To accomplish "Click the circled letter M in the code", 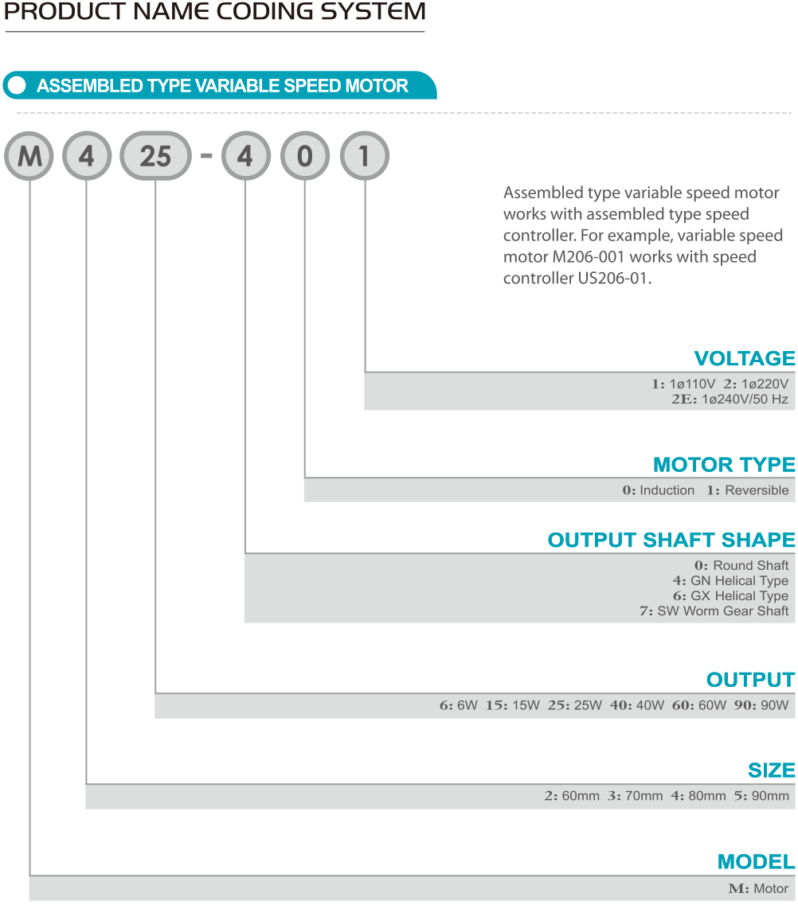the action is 29,156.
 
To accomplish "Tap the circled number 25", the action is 155,156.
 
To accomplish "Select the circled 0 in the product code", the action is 305,156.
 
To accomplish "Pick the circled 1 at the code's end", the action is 364,156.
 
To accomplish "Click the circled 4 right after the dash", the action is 245,156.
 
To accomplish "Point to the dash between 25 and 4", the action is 206,155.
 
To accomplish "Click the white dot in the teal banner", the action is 18,85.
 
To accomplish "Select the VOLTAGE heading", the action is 745,358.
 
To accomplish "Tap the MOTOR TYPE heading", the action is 724,465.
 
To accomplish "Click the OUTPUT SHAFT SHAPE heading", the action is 671,540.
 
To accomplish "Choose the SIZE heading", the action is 772,770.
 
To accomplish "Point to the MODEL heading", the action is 757,862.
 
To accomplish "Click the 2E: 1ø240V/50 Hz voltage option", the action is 730,400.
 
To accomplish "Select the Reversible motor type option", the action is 748,490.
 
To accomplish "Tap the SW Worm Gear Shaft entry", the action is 714,610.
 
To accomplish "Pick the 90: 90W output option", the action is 761,705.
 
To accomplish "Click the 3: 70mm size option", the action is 636,796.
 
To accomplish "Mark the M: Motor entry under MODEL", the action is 758,889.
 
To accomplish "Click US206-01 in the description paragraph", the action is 614,279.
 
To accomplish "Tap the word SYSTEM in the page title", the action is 373,12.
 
